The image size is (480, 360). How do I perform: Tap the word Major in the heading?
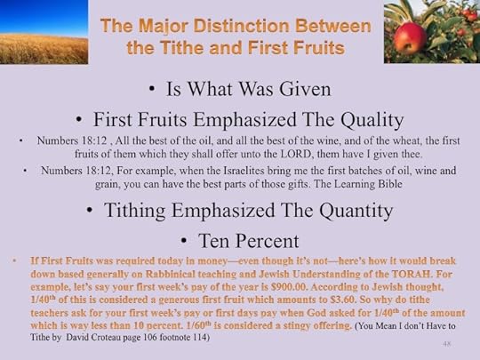(162, 24)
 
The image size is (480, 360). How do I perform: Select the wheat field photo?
(44, 31)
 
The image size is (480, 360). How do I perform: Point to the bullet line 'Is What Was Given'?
(240, 88)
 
